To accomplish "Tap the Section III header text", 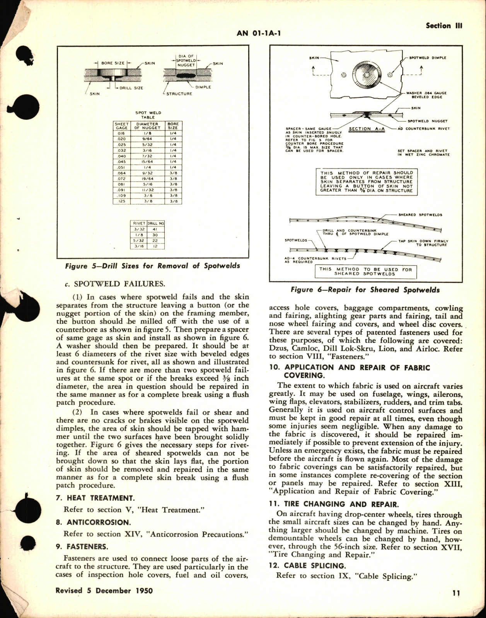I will (x=444, y=26).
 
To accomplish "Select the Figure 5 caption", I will (x=152, y=266).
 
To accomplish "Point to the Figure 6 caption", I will (x=365, y=289).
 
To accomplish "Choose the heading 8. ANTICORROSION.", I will (x=93, y=522).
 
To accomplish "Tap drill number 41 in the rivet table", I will (x=155, y=228).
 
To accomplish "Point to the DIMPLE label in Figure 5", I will (x=203, y=87).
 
